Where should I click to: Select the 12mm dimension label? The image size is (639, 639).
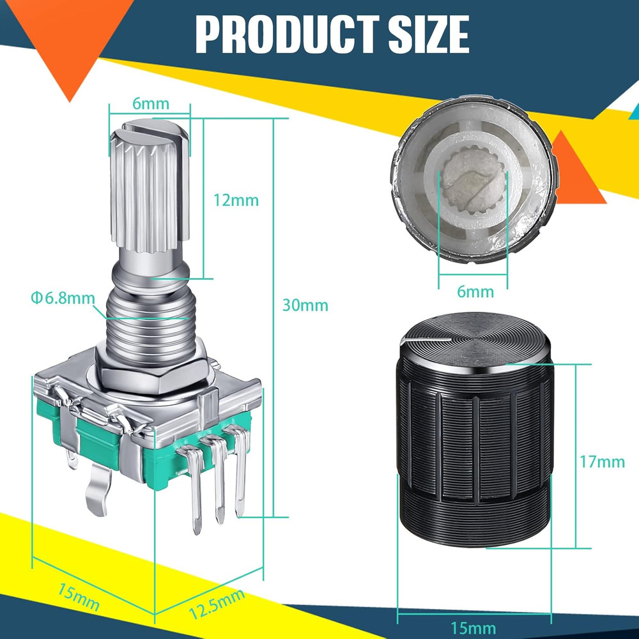pos(236,200)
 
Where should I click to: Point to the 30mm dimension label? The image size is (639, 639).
pos(305,305)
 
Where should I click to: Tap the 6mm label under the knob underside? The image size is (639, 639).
pos(475,292)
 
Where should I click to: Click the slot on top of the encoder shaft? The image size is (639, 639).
pos(152,130)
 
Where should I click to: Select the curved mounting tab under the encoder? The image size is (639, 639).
pos(96,489)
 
